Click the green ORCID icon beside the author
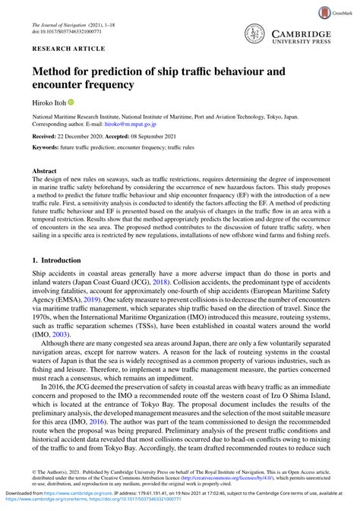[x=72, y=101]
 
